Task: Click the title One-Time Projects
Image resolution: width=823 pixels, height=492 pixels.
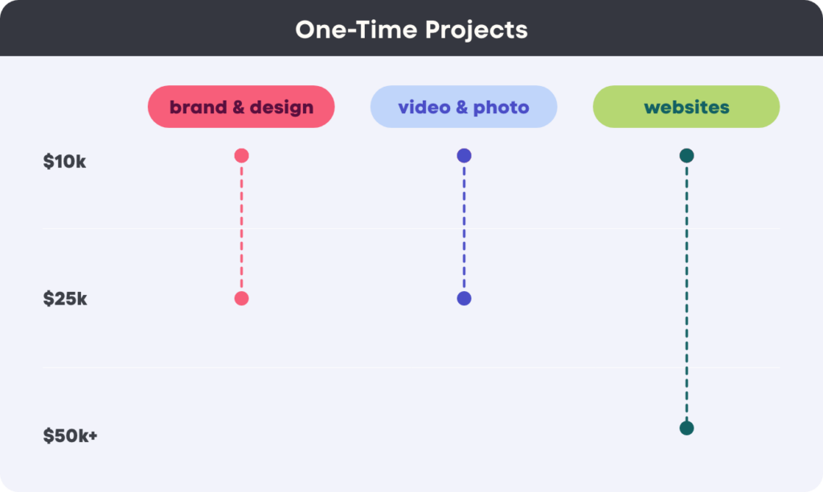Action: [x=411, y=30]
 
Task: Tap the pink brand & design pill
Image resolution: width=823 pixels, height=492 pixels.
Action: [x=241, y=107]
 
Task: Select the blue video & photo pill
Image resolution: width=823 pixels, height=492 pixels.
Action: [x=464, y=107]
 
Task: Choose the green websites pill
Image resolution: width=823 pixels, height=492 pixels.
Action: [x=686, y=107]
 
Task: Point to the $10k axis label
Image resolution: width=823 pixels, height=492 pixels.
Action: [x=64, y=162]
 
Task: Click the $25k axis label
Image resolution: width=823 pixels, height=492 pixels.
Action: [x=65, y=298]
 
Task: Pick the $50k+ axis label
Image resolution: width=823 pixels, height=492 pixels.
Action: [x=71, y=435]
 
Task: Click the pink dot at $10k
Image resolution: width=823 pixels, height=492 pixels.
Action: [x=241, y=155]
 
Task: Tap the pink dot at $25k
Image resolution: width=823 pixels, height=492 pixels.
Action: [x=241, y=298]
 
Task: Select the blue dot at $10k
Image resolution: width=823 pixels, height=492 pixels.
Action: [x=464, y=155]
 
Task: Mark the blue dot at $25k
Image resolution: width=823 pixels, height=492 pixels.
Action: [x=464, y=298]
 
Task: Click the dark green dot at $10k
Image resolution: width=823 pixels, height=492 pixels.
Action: [x=686, y=155]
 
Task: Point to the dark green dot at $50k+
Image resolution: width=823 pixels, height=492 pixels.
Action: [x=686, y=428]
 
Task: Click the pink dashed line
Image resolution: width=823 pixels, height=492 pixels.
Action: [x=241, y=227]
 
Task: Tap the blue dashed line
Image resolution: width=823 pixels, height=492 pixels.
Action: [x=464, y=227]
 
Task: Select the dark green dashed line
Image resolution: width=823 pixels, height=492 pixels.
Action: [x=686, y=292]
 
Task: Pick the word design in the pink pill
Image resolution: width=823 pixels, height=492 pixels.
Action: [x=281, y=107]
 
